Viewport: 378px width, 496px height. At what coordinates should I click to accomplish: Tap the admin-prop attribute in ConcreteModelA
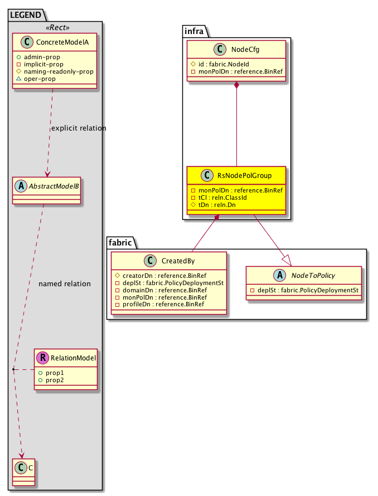point(45,57)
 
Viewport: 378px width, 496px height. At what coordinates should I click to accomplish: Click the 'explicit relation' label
point(79,128)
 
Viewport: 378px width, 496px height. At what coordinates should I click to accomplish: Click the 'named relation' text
point(65,284)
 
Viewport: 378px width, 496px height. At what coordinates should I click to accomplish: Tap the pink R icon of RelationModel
point(42,358)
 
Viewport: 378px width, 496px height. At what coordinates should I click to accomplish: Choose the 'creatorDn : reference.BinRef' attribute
point(161,276)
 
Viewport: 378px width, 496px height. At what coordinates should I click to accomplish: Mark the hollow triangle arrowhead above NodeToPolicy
point(286,258)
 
